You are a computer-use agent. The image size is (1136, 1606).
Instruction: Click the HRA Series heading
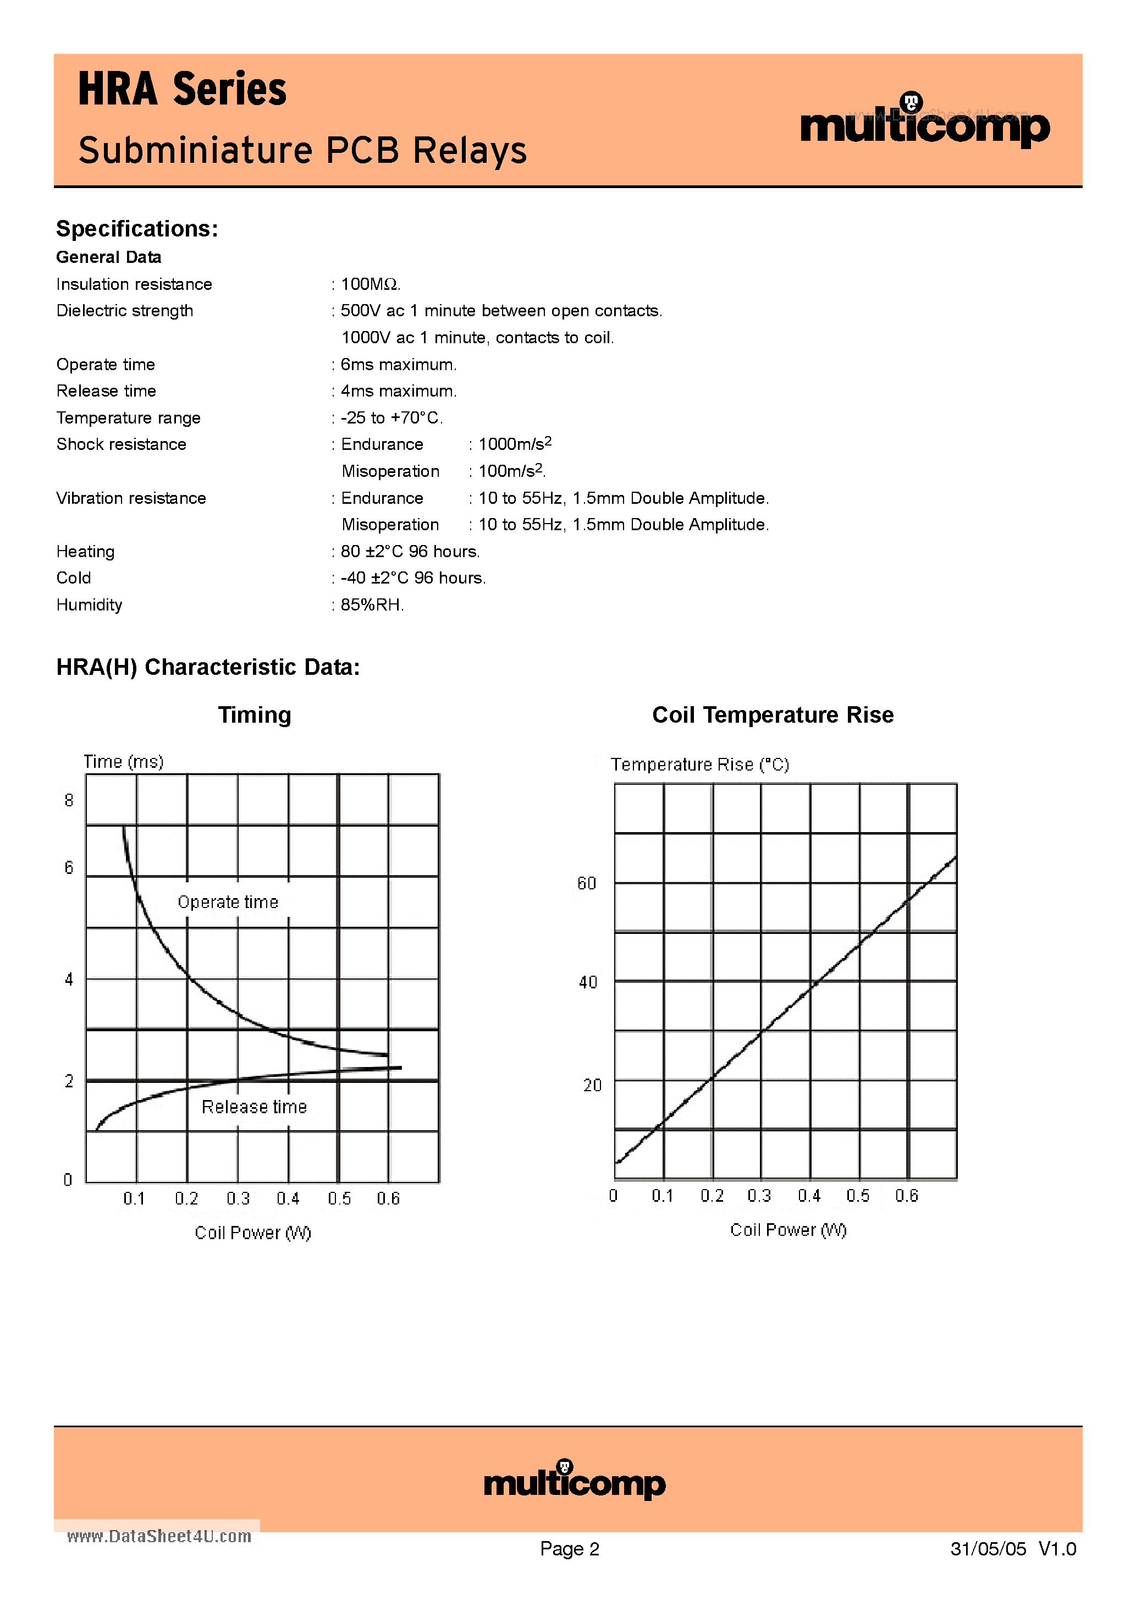click(182, 90)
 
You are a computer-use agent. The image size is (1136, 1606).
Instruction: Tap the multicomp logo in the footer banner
click(574, 1481)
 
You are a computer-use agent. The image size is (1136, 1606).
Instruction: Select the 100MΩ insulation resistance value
click(370, 284)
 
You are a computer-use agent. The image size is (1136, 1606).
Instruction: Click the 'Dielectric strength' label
click(124, 311)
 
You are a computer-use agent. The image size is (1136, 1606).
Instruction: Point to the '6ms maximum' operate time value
click(398, 365)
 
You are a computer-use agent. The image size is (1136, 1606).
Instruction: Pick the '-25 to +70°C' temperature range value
click(391, 417)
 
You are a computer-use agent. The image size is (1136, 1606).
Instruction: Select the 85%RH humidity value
click(372, 605)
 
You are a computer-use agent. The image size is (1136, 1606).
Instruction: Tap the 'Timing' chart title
click(255, 715)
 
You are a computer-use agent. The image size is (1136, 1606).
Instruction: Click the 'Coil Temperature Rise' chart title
click(772, 715)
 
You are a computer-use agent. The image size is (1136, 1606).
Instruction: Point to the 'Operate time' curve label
click(228, 903)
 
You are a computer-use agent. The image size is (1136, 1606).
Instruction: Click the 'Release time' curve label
click(254, 1107)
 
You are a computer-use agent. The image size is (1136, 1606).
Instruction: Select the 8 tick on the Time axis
click(69, 800)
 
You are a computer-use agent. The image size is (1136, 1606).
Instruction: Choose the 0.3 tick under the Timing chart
click(238, 1198)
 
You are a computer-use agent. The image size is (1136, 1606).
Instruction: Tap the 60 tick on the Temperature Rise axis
click(587, 883)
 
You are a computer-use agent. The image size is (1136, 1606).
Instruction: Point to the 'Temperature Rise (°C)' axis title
click(699, 764)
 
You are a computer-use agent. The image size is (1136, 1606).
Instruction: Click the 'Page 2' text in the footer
click(570, 1549)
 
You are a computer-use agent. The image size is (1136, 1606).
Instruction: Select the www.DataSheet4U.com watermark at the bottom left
click(159, 1536)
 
